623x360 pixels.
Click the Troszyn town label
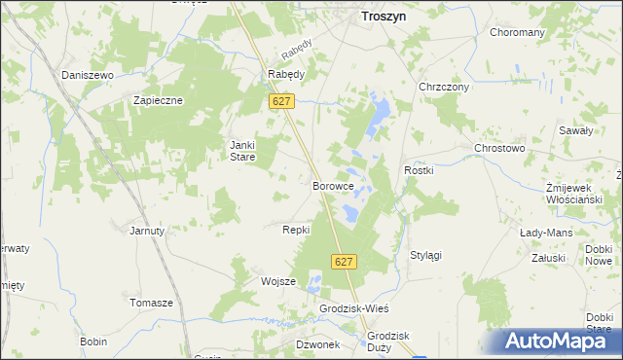pos(384,17)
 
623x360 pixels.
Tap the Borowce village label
pos(332,185)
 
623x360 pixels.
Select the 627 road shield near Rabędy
pos(282,101)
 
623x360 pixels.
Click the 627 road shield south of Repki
pos(344,262)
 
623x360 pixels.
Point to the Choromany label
pos(517,32)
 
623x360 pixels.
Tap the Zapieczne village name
pos(158,99)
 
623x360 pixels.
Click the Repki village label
pos(295,230)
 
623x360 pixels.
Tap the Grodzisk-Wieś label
pos(353,308)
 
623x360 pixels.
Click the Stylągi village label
pos(425,255)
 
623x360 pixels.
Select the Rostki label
pos(418,170)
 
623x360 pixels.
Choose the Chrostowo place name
pos(499,148)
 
